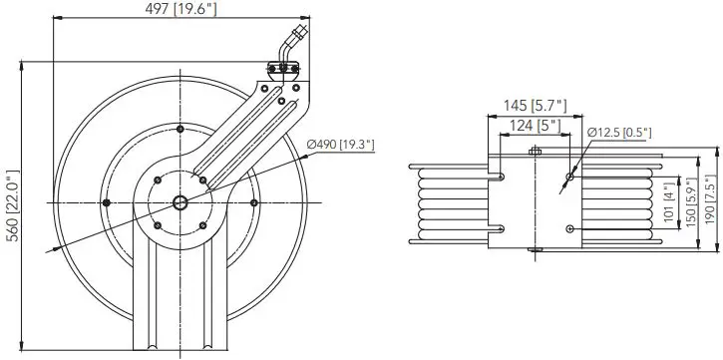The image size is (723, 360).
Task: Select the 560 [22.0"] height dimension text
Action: tap(11, 207)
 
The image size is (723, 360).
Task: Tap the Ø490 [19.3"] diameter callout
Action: tap(340, 147)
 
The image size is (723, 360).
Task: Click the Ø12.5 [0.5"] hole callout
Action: tap(620, 132)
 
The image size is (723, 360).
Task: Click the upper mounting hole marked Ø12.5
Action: tap(569, 178)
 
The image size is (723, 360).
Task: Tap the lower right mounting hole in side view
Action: tap(569, 229)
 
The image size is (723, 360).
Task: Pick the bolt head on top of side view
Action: tap(536, 152)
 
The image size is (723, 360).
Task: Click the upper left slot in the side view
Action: tap(497, 178)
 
